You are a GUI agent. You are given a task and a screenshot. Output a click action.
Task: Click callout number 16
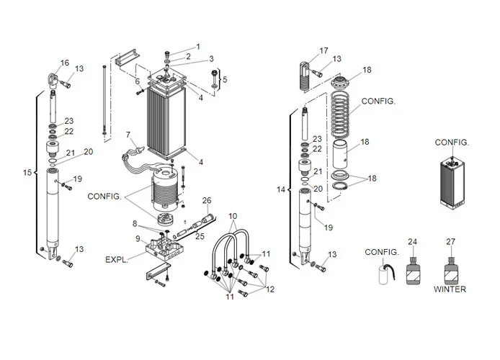65,63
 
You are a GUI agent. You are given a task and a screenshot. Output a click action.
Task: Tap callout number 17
323,50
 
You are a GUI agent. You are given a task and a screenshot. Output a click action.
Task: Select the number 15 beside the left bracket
27,173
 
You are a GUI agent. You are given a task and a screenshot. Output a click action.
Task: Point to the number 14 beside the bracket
281,189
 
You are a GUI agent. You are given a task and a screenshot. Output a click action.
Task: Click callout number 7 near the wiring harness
128,135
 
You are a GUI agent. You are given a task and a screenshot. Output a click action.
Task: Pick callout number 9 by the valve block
137,238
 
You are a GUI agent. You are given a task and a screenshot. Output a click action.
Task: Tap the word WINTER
450,289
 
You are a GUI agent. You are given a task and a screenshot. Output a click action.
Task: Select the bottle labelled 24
412,273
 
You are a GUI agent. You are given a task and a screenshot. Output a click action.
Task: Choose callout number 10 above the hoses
233,216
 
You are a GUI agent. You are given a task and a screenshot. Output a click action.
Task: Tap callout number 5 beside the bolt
225,79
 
